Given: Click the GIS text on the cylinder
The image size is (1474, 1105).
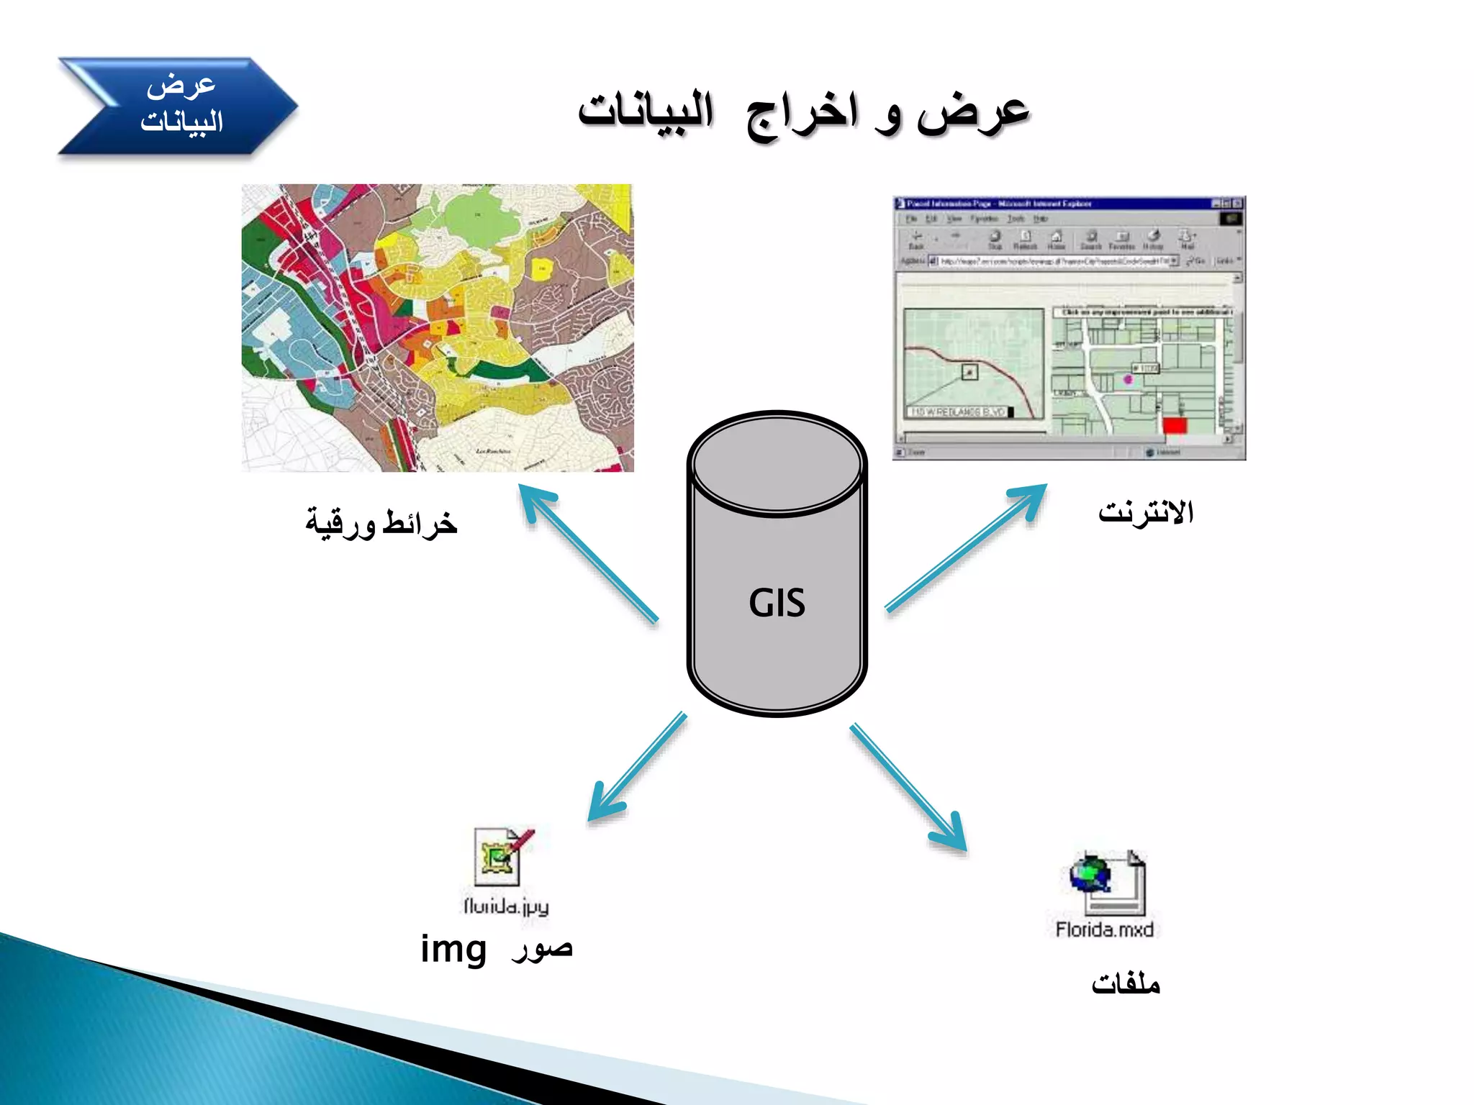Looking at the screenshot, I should point(777,603).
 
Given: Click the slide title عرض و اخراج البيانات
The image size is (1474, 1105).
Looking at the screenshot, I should point(803,114).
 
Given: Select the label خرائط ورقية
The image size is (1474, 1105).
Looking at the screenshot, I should point(381,522).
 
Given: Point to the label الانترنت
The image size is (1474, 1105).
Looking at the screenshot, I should point(1145,512).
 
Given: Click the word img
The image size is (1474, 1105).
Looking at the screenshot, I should point(453,949).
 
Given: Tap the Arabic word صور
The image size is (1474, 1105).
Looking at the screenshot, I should point(542,950).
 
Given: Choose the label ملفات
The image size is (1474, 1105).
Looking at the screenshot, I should point(1125,983).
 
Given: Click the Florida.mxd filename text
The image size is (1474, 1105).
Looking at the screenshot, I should point(1104,929).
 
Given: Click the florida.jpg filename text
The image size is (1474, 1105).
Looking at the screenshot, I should point(506,906).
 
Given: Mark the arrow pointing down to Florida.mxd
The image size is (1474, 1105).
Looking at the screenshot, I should point(908,787).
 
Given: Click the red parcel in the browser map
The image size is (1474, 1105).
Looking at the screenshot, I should point(1174,425).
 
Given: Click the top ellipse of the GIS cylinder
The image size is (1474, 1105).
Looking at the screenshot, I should point(777,464).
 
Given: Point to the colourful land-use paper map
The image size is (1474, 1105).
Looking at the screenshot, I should point(438,328).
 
